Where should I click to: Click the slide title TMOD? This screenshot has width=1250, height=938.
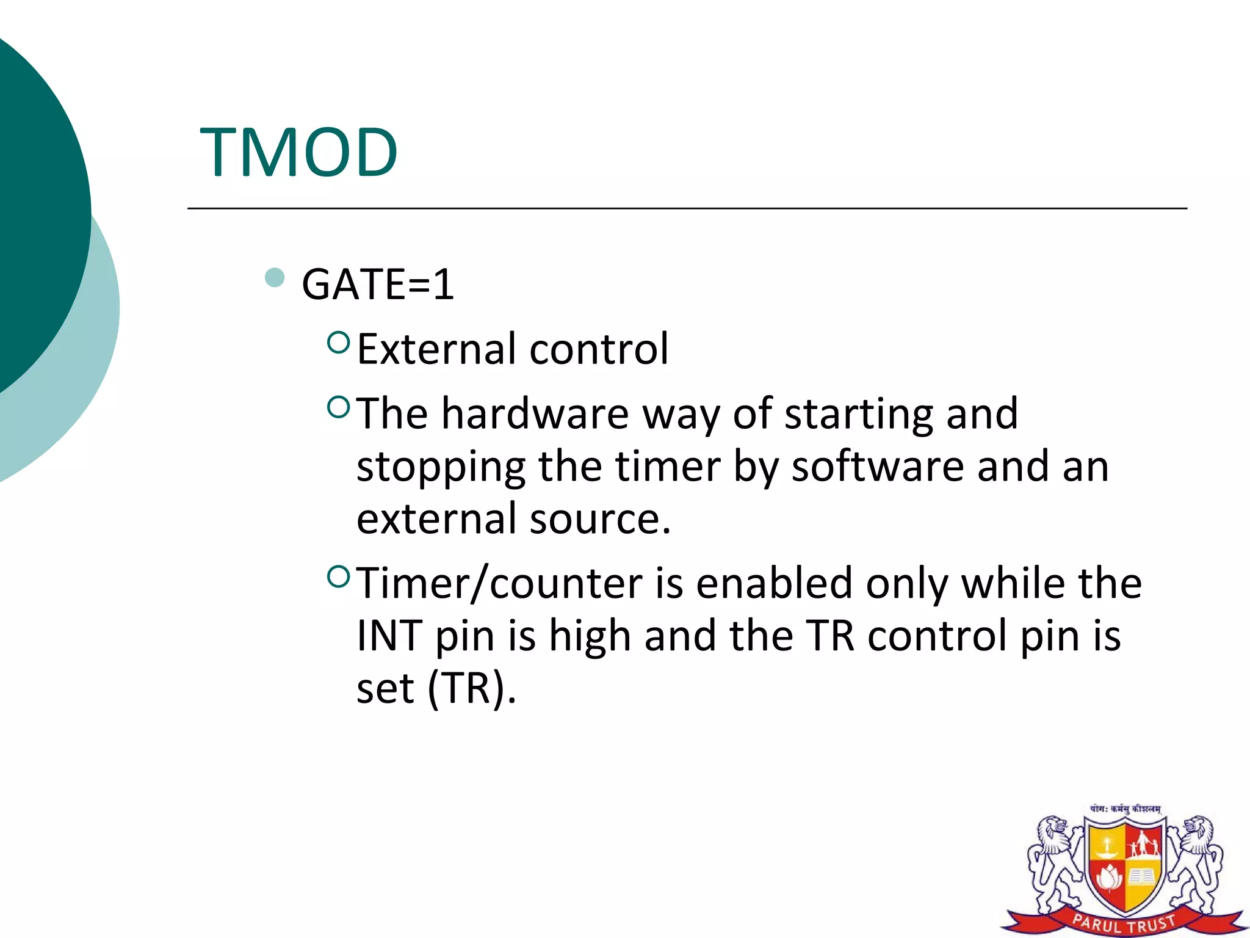coord(298,153)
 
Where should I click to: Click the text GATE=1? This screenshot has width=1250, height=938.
coord(378,285)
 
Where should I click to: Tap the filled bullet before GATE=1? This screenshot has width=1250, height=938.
coord(275,278)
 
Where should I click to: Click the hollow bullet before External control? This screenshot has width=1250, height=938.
coord(338,343)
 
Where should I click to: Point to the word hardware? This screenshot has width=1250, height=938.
coord(535,414)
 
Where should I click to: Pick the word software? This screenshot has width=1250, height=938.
coord(878,467)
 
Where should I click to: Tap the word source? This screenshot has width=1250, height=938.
coord(600,518)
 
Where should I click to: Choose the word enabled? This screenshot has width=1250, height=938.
coord(774,583)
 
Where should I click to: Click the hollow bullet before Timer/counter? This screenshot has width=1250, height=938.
coord(338,576)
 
